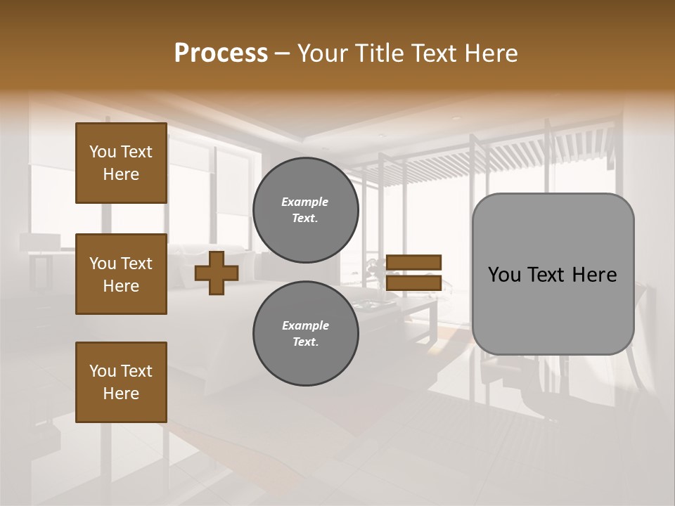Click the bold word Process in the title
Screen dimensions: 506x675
pyautogui.click(x=221, y=53)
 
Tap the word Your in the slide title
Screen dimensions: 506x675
pyautogui.click(x=323, y=53)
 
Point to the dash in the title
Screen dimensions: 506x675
pyautogui.click(x=282, y=55)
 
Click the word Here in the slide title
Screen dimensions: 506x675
pyautogui.click(x=491, y=53)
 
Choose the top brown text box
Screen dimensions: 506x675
pyautogui.click(x=121, y=163)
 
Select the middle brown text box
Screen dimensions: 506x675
pyautogui.click(x=121, y=274)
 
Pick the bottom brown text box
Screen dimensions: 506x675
pyautogui.click(x=121, y=382)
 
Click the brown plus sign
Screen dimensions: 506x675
pyautogui.click(x=216, y=273)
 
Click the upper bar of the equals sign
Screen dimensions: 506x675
pyautogui.click(x=414, y=262)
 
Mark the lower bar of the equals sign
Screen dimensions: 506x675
pyautogui.click(x=414, y=283)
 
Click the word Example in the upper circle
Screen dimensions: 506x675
pyautogui.click(x=305, y=202)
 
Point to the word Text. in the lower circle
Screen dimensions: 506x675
pyautogui.click(x=305, y=342)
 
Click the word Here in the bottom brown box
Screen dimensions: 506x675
pyautogui.click(x=121, y=394)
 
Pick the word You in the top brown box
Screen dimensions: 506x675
pyautogui.click(x=102, y=152)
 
